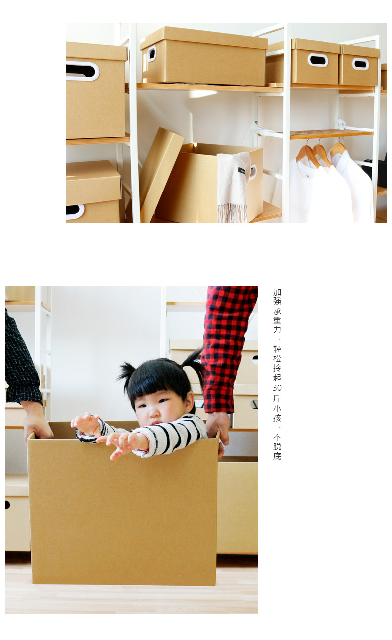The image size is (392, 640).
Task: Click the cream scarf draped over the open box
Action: [233, 186]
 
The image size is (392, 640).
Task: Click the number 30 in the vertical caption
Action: [277, 388]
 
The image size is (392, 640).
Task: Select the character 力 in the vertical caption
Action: [277, 329]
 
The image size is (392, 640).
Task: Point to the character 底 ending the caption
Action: [277, 456]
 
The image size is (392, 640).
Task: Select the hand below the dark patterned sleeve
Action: [37, 420]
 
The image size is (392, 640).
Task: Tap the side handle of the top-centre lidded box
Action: [151, 54]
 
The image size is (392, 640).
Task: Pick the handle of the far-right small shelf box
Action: [361, 64]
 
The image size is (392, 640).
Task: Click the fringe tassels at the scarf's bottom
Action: [232, 213]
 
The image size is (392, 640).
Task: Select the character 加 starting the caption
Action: [277, 292]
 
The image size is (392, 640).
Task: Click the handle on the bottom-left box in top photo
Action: [75, 212]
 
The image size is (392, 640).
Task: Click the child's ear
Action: [190, 400]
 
